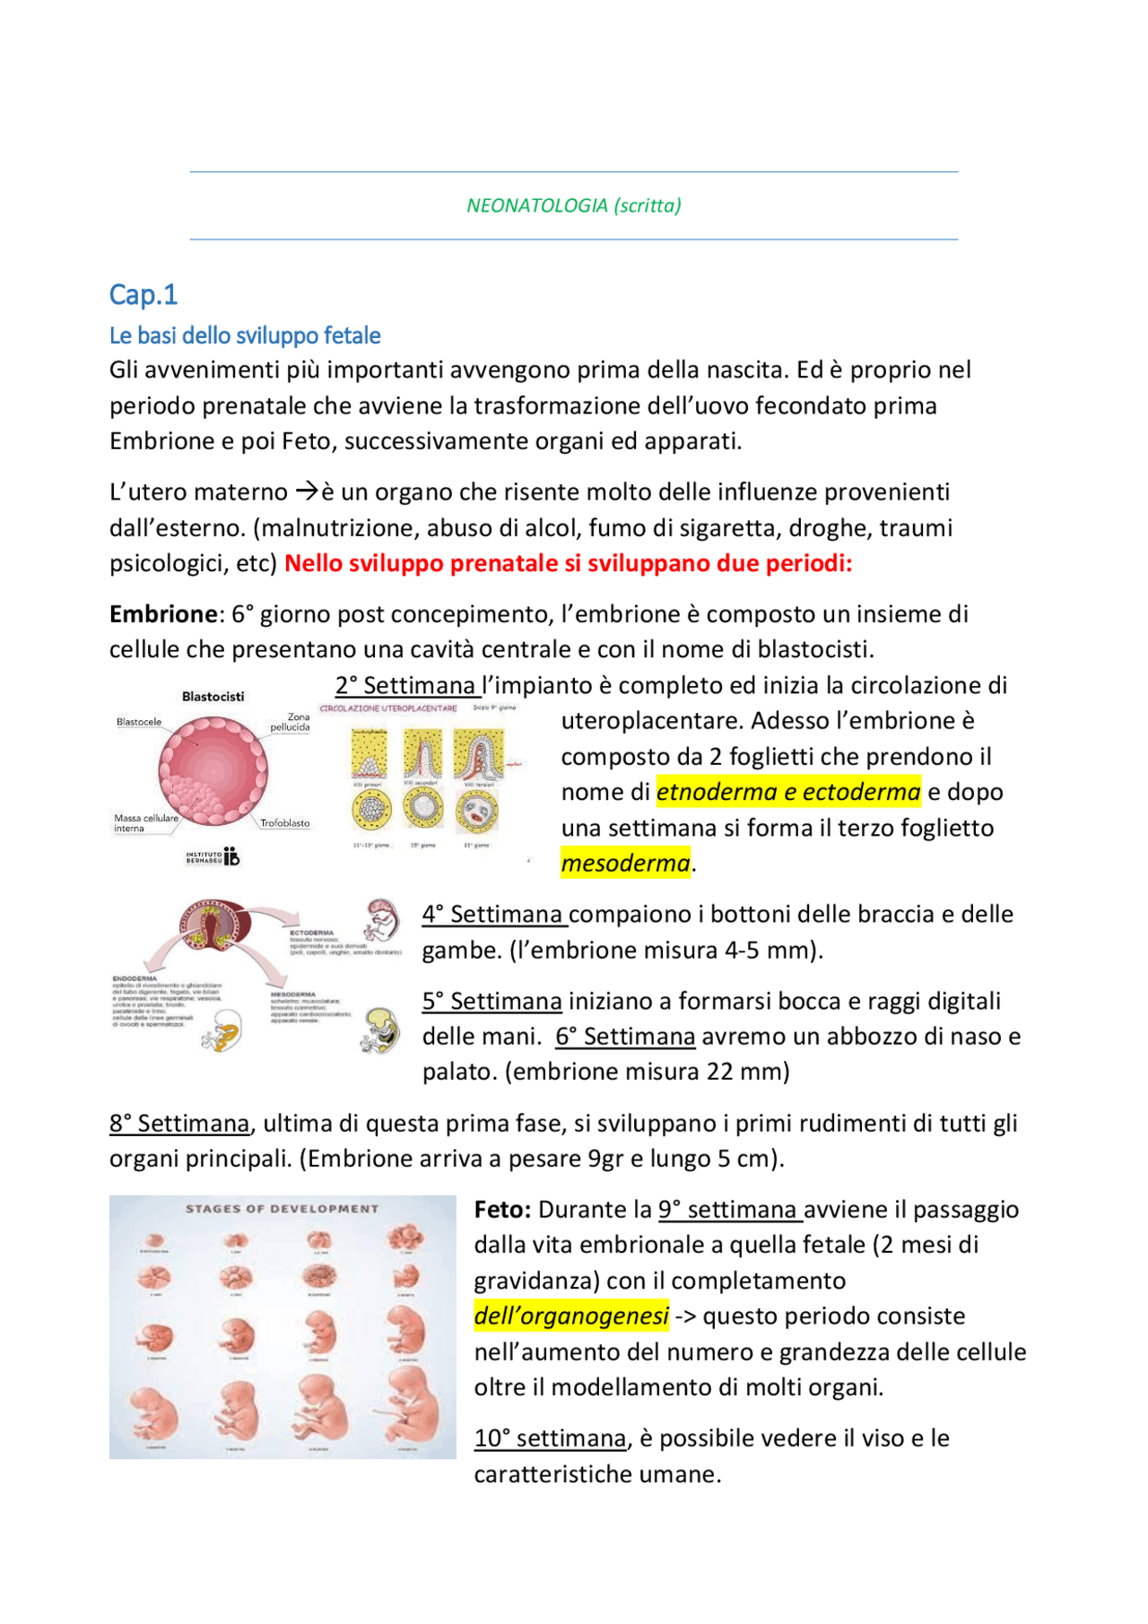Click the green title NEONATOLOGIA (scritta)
click(573, 205)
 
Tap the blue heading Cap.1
click(143, 294)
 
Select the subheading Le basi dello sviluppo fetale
click(245, 335)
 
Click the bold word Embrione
click(163, 614)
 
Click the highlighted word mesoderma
click(625, 864)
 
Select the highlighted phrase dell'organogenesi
click(571, 1316)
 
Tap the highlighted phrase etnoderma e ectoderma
click(788, 792)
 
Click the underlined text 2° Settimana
click(406, 686)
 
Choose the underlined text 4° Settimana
click(493, 915)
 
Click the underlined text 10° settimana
click(550, 1438)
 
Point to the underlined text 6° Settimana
click(625, 1037)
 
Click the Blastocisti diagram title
click(213, 697)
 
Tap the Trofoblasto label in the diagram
click(285, 823)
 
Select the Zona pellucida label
click(291, 722)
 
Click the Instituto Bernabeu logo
click(213, 857)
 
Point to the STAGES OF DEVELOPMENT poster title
click(282, 1209)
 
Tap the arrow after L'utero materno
click(307, 491)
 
